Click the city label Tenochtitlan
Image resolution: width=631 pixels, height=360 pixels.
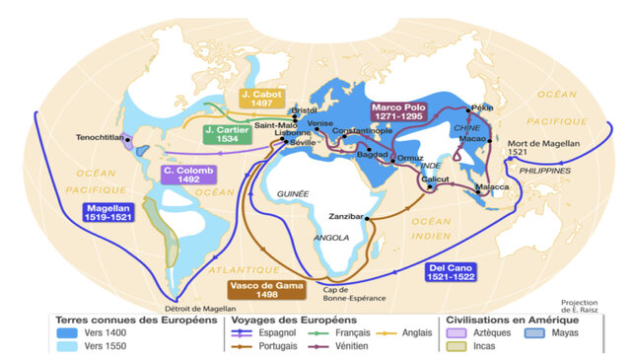102,137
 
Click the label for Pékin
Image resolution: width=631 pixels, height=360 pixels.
483,107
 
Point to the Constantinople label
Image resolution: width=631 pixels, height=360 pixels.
343,131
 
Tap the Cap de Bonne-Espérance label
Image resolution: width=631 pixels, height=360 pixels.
350,295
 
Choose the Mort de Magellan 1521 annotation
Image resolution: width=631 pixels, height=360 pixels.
540,149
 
